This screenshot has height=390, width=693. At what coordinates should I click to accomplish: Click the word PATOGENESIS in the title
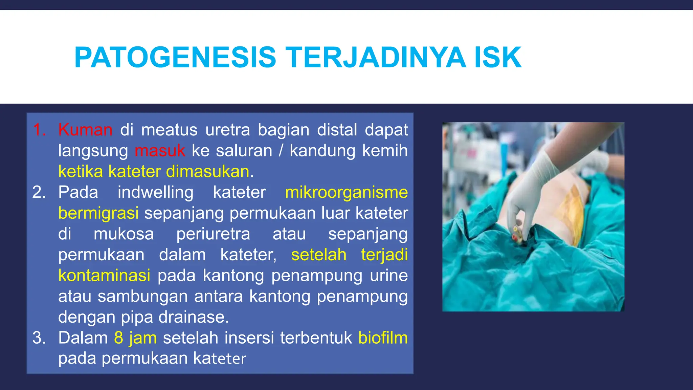pos(175,58)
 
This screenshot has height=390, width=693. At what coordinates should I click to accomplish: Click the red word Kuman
pos(85,130)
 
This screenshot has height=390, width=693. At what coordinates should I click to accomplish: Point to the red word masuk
pos(160,151)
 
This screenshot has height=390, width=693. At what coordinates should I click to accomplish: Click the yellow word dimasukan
pos(208,172)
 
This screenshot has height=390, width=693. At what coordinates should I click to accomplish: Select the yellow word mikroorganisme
pos(346,193)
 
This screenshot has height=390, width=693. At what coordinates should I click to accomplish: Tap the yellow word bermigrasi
pos(98,213)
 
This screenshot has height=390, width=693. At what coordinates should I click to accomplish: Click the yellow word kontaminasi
pos(104,276)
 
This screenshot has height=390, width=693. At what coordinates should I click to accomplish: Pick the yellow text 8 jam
pos(135,338)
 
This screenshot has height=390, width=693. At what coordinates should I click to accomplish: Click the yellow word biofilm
pos(383,338)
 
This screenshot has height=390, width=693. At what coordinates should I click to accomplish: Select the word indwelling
pos(155,193)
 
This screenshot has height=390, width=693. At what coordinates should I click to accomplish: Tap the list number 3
pos(39,338)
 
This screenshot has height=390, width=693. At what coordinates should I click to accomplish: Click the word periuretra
pos(213,234)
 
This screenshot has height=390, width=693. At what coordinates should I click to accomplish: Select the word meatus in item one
pos(169,130)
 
